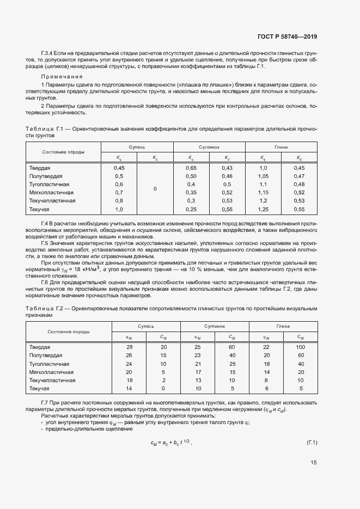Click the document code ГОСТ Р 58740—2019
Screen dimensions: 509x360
coord(286,37)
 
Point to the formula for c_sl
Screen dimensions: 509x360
coord(172,442)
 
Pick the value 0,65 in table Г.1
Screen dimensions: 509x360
coord(191,168)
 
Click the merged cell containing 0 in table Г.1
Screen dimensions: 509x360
coord(155,188)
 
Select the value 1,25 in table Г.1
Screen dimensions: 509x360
coord(263,210)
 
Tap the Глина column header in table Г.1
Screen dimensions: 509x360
coord(281,147)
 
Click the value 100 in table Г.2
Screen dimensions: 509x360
coord(301,347)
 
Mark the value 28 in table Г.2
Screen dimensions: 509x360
coord(129,347)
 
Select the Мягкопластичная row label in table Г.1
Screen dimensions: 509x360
coord(52,193)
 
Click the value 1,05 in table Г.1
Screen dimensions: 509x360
coord(263,176)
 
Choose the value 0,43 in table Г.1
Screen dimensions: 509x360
coord(227,168)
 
